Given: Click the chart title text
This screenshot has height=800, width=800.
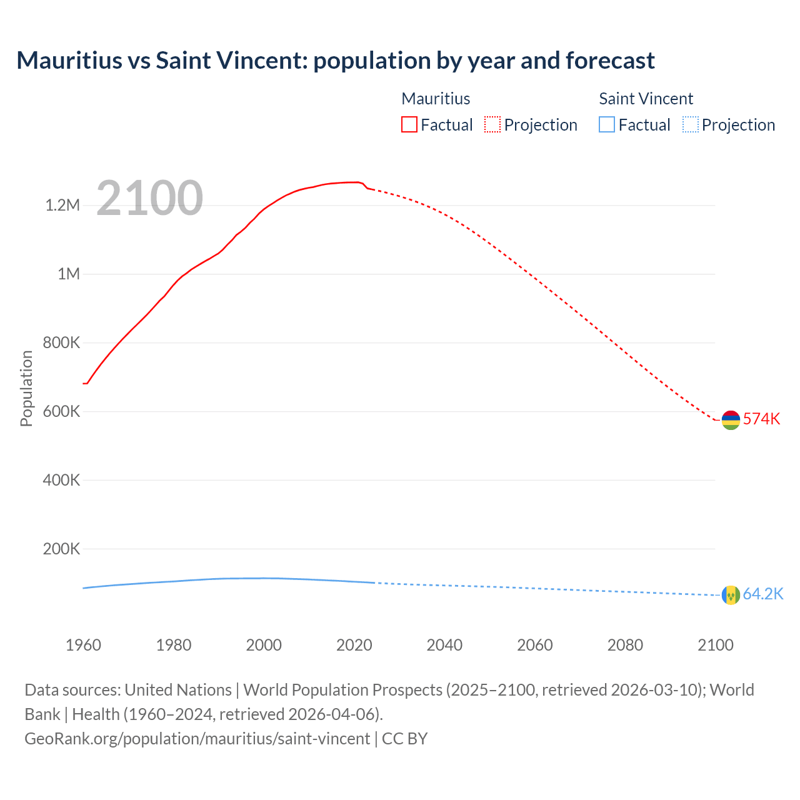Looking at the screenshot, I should [x=336, y=61].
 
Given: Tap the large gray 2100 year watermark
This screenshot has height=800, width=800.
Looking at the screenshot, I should [x=149, y=198].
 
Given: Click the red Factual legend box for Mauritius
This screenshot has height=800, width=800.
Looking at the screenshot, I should [x=409, y=124].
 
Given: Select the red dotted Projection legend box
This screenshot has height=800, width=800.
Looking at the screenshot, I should [x=492, y=124].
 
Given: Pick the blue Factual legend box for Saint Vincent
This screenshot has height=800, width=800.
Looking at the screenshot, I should [x=607, y=124].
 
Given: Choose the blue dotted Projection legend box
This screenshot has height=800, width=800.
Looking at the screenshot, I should [x=691, y=124].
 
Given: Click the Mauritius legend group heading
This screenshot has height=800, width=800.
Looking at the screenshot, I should [x=436, y=99].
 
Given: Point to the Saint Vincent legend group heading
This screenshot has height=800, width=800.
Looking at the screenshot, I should [x=646, y=99].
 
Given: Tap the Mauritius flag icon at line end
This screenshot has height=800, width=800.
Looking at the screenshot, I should [x=731, y=420].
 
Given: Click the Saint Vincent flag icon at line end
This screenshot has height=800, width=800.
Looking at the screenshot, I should [x=731, y=595].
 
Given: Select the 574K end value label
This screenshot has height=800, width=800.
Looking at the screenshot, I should [x=761, y=419].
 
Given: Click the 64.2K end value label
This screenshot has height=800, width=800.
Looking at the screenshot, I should [x=762, y=594].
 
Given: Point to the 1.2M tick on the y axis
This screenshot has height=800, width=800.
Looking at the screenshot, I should [x=62, y=206].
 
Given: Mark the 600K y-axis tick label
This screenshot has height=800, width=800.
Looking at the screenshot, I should [x=61, y=412].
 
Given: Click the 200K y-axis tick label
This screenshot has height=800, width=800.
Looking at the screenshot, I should [x=61, y=549].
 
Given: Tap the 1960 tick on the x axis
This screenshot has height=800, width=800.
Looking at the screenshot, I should [x=83, y=645].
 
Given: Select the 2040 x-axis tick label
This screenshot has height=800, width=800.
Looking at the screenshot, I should [x=444, y=645].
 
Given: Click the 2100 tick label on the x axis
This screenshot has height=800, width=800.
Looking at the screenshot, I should [x=715, y=645].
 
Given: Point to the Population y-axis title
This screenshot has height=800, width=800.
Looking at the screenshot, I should [x=26, y=388].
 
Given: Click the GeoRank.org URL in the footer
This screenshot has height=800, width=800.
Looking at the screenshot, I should [x=197, y=739].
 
